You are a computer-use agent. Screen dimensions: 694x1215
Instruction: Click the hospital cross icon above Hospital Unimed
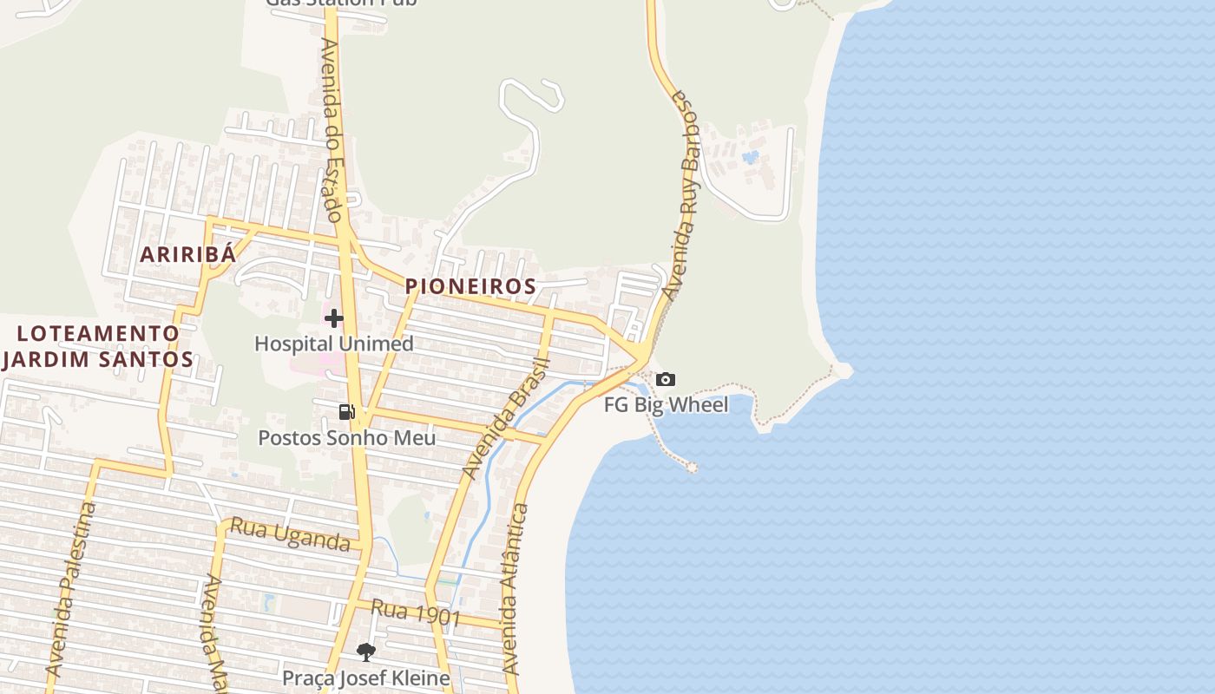(x=334, y=318)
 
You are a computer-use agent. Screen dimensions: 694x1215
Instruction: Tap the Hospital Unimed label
(x=334, y=344)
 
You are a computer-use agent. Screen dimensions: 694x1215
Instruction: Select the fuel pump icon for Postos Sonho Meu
(x=346, y=412)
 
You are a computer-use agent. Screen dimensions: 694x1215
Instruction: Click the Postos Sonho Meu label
(x=347, y=437)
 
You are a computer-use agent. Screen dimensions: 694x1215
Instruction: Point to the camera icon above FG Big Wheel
(x=666, y=379)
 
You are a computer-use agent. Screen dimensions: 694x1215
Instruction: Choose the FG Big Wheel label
(x=667, y=404)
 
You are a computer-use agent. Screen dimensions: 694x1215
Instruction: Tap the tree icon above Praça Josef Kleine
(x=366, y=651)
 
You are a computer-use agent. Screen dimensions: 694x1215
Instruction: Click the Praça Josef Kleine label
(x=366, y=678)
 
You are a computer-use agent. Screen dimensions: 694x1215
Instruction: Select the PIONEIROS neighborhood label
(x=470, y=285)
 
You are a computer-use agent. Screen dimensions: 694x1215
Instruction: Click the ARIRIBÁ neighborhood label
(x=188, y=254)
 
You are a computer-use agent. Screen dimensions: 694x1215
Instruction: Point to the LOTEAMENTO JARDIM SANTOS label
(x=98, y=345)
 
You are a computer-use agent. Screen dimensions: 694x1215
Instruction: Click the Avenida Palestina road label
(x=72, y=590)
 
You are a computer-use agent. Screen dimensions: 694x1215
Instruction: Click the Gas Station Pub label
(x=341, y=3)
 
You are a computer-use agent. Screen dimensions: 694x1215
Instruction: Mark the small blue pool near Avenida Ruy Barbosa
(x=751, y=158)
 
